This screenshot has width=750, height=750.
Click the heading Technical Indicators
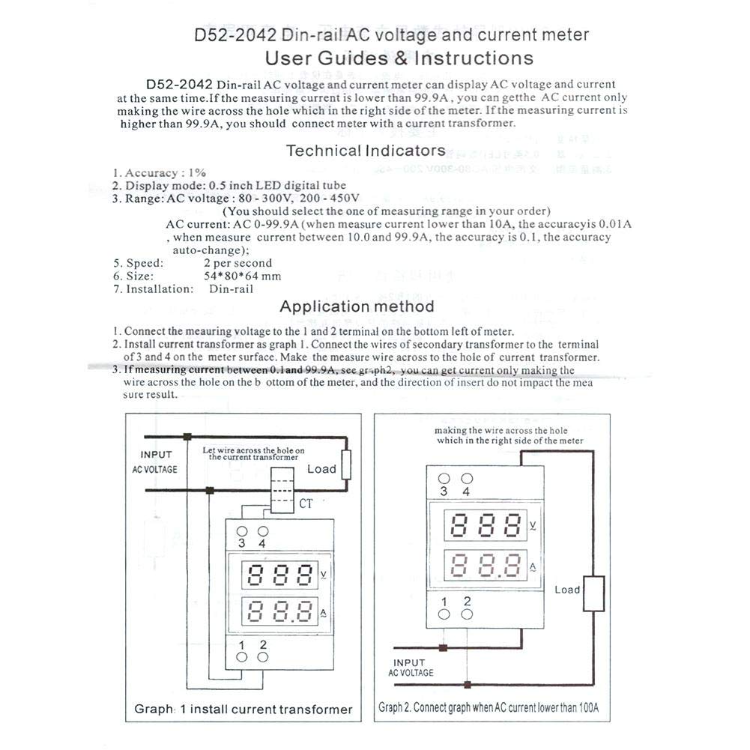click(366, 151)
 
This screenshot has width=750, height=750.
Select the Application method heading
click(357, 306)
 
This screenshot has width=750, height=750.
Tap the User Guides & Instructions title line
click(399, 58)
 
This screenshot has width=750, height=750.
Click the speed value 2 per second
click(238, 263)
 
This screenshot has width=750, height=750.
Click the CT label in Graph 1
click(306, 504)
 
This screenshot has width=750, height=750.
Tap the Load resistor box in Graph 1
click(345, 465)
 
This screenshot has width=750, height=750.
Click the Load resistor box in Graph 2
click(595, 595)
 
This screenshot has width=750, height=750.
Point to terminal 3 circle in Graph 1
click(242, 530)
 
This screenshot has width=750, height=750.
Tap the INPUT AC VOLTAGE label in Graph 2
click(411, 668)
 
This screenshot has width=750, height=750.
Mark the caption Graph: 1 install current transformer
click(243, 709)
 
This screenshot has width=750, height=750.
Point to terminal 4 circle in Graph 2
click(468, 479)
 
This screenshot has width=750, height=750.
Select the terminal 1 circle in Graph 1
click(242, 657)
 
